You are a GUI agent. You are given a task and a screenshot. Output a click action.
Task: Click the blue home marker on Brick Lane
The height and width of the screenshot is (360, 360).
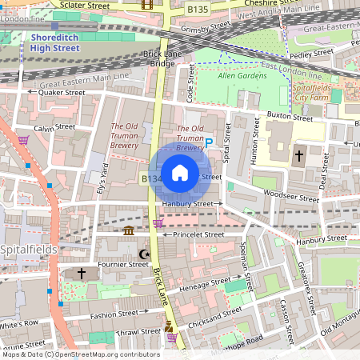pyautogui.click(x=180, y=173)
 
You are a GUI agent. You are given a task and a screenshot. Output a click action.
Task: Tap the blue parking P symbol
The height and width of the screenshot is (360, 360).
pyautogui.click(x=210, y=143)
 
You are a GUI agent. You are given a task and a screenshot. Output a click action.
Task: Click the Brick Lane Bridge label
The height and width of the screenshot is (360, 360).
pyautogui.click(x=158, y=58)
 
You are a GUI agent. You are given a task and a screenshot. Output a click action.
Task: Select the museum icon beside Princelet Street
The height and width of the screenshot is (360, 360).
pyautogui.click(x=129, y=232)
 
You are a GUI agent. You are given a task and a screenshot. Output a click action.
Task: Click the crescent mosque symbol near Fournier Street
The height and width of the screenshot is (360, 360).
pyautogui.click(x=144, y=254)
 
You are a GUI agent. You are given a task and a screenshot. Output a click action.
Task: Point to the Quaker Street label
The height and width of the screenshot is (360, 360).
pyautogui.click(x=62, y=92)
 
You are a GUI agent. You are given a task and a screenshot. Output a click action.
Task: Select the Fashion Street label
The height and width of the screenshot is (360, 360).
pyautogui.click(x=114, y=314)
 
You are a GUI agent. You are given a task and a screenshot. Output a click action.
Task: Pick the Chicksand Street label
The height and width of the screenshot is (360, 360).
pyautogui.click(x=215, y=314)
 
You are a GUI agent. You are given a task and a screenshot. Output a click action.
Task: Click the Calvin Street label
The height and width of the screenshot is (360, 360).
pyautogui.click(x=54, y=127)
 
